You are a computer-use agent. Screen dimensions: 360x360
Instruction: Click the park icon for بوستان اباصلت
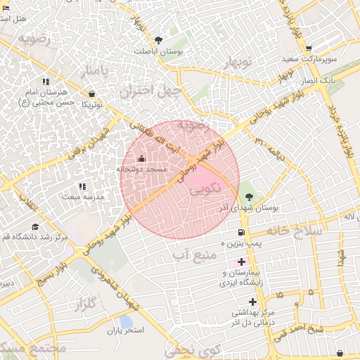pyautogui.click(x=158, y=41)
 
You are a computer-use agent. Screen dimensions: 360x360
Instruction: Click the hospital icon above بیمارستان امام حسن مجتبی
pyautogui.click(x=46, y=82)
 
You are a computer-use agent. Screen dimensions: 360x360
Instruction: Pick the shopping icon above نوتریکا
pyautogui.click(x=92, y=94)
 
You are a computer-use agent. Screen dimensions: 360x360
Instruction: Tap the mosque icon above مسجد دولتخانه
pyautogui.click(x=141, y=158)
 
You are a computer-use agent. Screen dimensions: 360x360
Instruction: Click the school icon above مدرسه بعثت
pyautogui.click(x=83, y=186)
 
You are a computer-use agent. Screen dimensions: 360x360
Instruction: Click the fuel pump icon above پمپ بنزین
pyautogui.click(x=241, y=233)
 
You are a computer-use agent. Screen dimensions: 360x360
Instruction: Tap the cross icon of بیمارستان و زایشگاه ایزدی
pyautogui.click(x=242, y=262)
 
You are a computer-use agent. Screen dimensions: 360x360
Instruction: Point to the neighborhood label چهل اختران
pyautogui.click(x=150, y=91)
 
